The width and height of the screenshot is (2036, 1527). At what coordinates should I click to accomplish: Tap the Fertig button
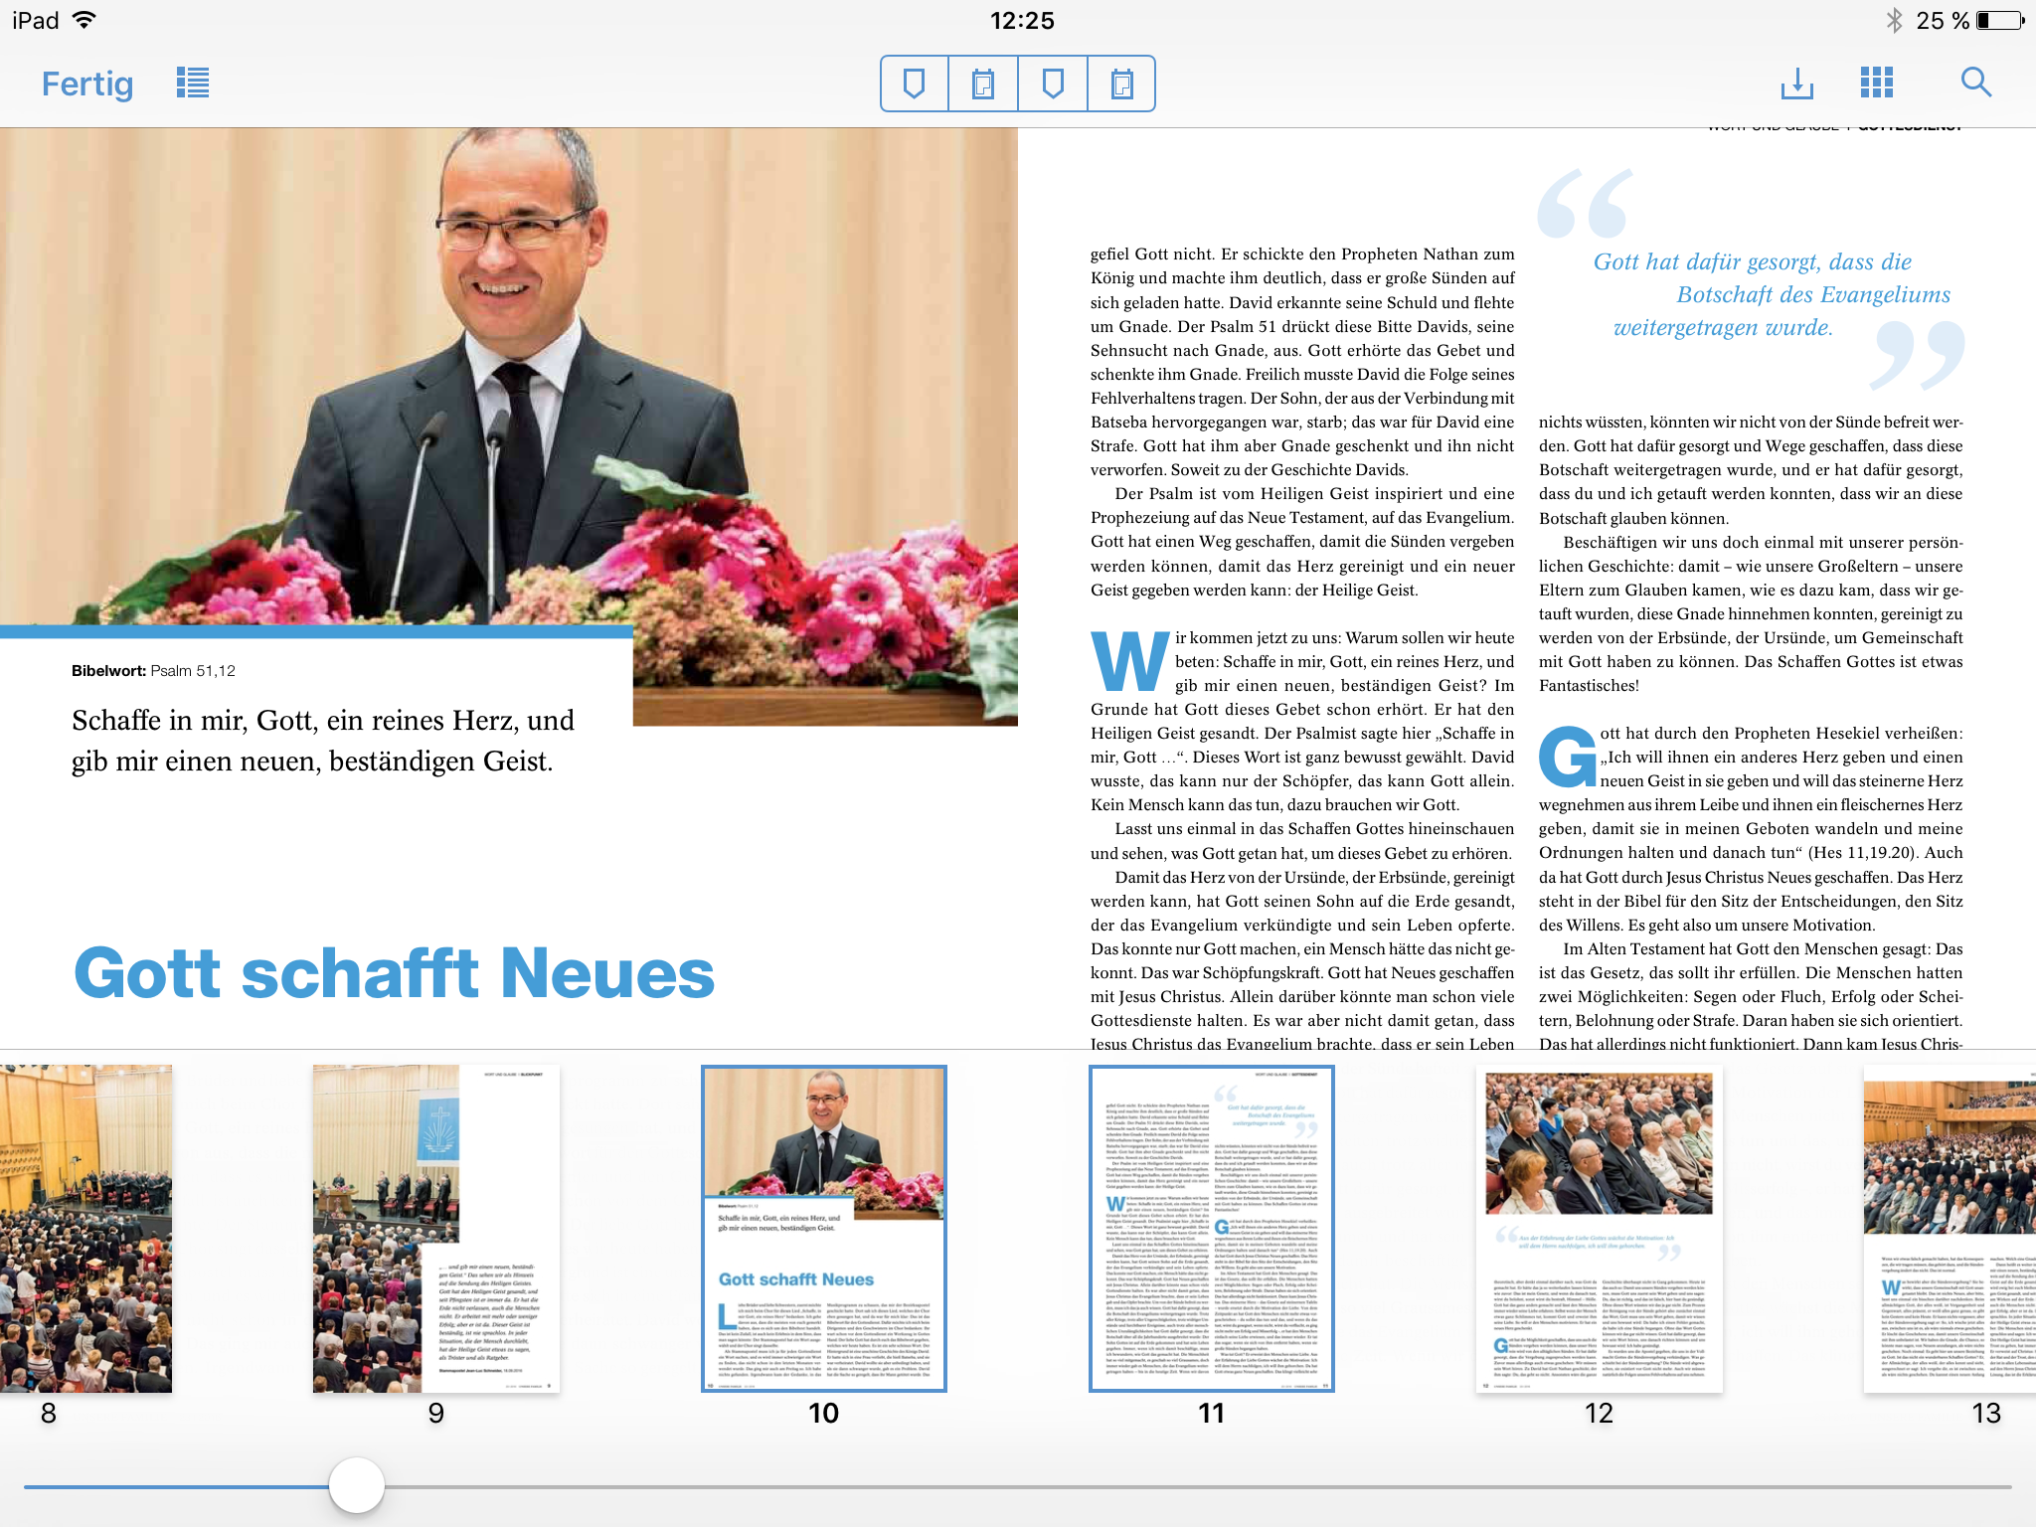click(x=87, y=85)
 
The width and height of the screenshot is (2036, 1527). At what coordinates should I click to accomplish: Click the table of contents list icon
click(x=193, y=83)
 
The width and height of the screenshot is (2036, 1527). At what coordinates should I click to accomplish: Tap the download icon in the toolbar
click(x=1796, y=84)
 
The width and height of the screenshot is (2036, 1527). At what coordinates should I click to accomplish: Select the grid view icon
click(x=1877, y=83)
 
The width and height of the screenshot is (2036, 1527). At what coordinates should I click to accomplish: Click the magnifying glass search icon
click(x=1975, y=83)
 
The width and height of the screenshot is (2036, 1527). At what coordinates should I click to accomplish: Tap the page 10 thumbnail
click(x=823, y=1228)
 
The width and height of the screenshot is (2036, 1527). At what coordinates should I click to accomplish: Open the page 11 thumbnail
click(x=1211, y=1228)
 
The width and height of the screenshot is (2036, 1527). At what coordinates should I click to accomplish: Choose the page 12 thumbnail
click(x=1599, y=1228)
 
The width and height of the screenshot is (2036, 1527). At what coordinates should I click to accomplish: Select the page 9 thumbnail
click(x=435, y=1228)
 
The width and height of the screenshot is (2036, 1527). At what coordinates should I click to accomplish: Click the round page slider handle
click(x=357, y=1486)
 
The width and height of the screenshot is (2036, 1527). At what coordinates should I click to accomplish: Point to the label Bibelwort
click(x=108, y=671)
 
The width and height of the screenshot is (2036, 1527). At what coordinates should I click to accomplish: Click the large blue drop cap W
click(x=1129, y=661)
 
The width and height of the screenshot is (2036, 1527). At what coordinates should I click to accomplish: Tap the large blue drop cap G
click(x=1567, y=757)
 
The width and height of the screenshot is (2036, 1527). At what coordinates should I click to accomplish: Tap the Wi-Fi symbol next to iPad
click(x=85, y=20)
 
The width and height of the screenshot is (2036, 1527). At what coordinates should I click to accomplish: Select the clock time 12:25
click(x=1022, y=21)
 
